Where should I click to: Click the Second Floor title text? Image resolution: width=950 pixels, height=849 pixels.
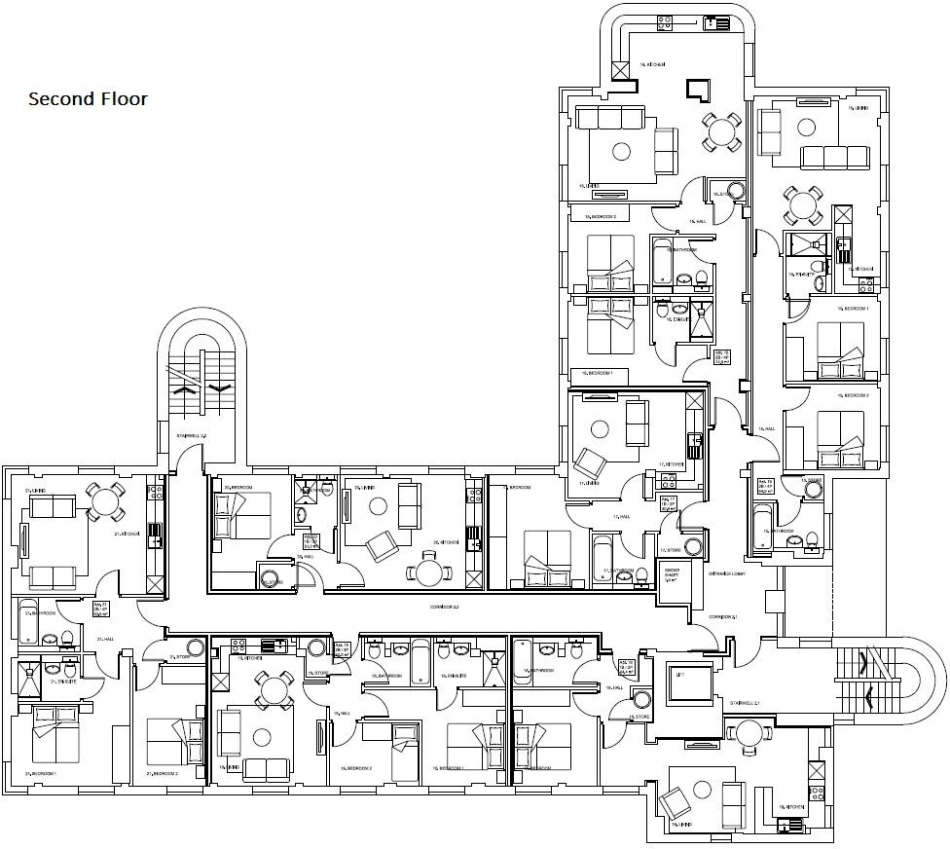pyautogui.click(x=88, y=99)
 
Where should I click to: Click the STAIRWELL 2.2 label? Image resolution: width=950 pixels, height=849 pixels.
pyautogui.click(x=191, y=435)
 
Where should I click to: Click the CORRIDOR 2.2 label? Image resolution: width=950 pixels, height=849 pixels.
pyautogui.click(x=443, y=607)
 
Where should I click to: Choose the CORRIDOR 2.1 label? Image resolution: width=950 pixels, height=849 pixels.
pyautogui.click(x=722, y=617)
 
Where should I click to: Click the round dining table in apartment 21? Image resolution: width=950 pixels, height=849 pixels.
pyautogui.click(x=103, y=499)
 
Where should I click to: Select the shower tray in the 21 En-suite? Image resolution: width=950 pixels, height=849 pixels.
pyautogui.click(x=27, y=669)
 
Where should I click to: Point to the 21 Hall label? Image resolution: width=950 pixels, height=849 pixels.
pyautogui.click(x=106, y=640)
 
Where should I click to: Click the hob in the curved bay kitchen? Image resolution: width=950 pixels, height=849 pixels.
pyautogui.click(x=667, y=21)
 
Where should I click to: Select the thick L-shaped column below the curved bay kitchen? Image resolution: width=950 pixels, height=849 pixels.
pyautogui.click(x=697, y=90)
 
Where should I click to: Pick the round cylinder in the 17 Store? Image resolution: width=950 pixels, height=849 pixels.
pyautogui.click(x=694, y=546)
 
